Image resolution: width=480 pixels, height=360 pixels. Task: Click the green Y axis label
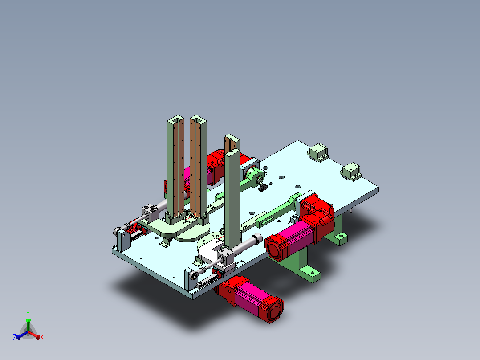(28, 313)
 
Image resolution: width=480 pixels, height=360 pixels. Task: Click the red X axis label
(42, 337)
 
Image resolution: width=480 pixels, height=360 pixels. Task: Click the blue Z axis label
(15, 337)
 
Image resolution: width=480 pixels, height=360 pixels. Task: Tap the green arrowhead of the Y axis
(28, 320)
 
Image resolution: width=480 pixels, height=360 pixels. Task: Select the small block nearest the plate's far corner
(318, 152)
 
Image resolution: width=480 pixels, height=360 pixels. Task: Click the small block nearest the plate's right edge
(351, 172)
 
